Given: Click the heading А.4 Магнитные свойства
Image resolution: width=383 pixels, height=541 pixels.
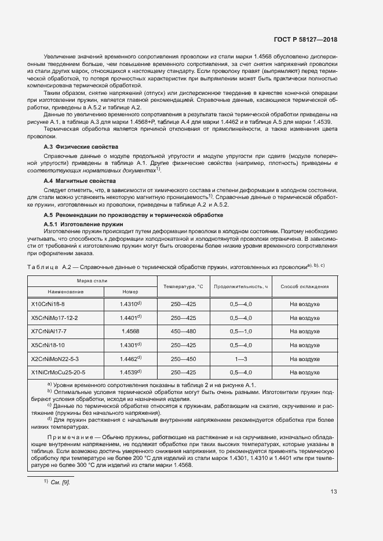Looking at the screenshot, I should [x=80, y=182].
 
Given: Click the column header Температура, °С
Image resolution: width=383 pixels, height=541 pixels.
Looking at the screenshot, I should [x=183, y=286].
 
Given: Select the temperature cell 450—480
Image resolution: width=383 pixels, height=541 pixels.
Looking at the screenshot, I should [x=183, y=331].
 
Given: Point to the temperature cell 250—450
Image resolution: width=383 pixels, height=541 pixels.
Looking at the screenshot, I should [x=183, y=359].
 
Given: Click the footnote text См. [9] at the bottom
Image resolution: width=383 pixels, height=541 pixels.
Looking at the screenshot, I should [x=60, y=483].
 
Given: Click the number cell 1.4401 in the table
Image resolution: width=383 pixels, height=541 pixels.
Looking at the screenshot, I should [x=129, y=318].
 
